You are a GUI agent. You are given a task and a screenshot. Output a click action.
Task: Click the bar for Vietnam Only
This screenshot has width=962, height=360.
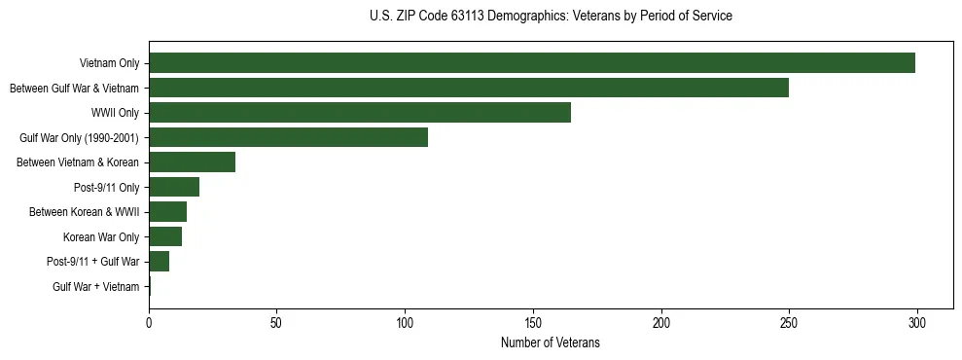point(532,63)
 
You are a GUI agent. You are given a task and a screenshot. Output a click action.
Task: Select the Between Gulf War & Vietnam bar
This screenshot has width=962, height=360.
point(469,88)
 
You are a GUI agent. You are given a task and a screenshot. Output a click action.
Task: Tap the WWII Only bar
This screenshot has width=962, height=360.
point(360,113)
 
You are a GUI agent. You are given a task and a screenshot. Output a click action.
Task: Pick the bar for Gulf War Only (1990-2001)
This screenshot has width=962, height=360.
point(288,137)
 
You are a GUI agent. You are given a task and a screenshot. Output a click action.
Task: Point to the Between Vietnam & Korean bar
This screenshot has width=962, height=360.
point(193,162)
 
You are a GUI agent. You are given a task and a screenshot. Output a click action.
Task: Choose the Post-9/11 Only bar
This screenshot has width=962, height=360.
point(174,187)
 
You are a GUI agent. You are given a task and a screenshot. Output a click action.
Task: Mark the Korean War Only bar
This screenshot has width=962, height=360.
point(165,236)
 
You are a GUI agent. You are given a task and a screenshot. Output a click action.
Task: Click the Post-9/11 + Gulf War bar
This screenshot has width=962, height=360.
point(160,261)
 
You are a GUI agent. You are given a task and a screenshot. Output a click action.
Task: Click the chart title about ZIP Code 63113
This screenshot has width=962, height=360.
point(551,17)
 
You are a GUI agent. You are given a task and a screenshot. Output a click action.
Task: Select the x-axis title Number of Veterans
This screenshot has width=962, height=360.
point(551,343)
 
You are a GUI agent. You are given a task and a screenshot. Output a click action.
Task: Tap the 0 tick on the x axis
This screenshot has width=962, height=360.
point(149,322)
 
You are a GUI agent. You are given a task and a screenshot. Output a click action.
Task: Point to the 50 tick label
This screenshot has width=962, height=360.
point(277,322)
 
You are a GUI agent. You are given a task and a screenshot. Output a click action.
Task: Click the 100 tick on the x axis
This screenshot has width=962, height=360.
point(405,322)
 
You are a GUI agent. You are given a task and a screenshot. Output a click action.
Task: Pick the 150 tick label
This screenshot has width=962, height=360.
point(533,322)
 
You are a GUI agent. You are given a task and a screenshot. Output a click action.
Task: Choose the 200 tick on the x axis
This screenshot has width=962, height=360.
point(661,322)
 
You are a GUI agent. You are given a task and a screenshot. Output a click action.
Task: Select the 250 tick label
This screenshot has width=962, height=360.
point(789,322)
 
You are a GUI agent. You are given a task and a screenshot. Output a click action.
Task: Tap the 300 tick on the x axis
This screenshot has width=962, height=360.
point(917,322)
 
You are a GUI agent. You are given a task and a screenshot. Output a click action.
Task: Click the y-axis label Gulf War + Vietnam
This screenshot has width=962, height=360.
point(95,287)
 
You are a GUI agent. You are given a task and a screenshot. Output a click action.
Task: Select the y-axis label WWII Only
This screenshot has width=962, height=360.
point(115,113)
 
